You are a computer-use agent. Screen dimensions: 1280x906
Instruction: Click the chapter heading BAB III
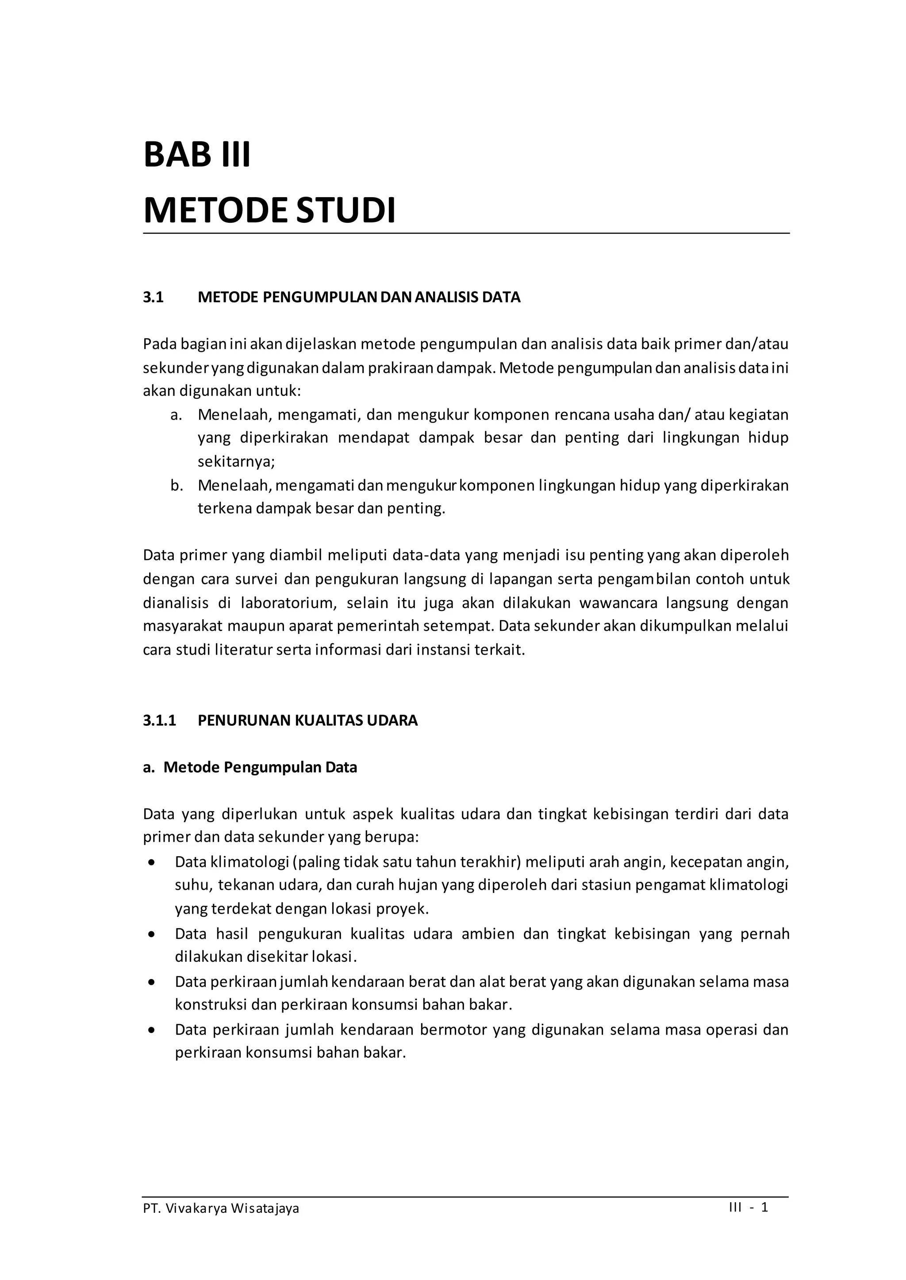tap(197, 155)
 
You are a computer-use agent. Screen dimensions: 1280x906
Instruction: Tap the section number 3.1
tap(153, 297)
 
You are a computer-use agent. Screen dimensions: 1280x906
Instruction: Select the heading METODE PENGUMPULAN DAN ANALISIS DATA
tap(359, 297)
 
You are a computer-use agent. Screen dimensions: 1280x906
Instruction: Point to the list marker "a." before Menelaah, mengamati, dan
tap(177, 415)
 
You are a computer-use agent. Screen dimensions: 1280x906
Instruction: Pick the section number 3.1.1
tap(159, 720)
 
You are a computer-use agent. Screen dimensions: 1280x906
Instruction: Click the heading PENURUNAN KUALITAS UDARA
tap(307, 720)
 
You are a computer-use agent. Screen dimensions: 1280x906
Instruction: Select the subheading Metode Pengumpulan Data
tap(260, 768)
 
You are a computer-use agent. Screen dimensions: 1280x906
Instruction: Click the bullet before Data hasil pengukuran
tap(151, 934)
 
